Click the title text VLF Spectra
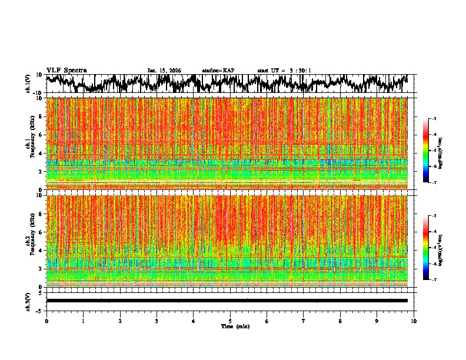(x=66, y=70)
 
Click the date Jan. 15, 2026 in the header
(x=164, y=71)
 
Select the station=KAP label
(x=218, y=71)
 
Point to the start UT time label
(x=284, y=71)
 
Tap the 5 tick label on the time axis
(x=230, y=321)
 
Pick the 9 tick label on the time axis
(x=377, y=321)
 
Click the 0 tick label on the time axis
(x=46, y=321)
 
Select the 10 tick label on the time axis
(x=414, y=321)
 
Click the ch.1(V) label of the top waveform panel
(x=28, y=84)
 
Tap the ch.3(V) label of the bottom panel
(x=28, y=301)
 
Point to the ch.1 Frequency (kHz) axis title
(x=31, y=143)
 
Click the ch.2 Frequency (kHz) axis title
(x=31, y=241)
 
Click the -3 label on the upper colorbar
(x=434, y=119)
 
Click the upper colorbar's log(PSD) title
(x=440, y=151)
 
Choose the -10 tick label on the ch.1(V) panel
(x=38, y=93)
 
